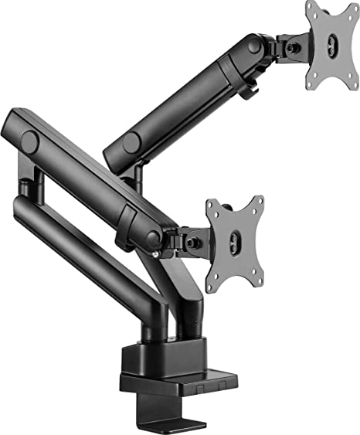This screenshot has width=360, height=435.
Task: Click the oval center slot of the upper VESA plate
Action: [333, 45]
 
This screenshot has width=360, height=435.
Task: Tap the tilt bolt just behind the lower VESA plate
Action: [193, 242]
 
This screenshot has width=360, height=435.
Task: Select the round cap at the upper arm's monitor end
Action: [254, 46]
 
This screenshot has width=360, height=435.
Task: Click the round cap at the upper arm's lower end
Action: [131, 143]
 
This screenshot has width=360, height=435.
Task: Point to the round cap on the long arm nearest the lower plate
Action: [151, 238]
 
